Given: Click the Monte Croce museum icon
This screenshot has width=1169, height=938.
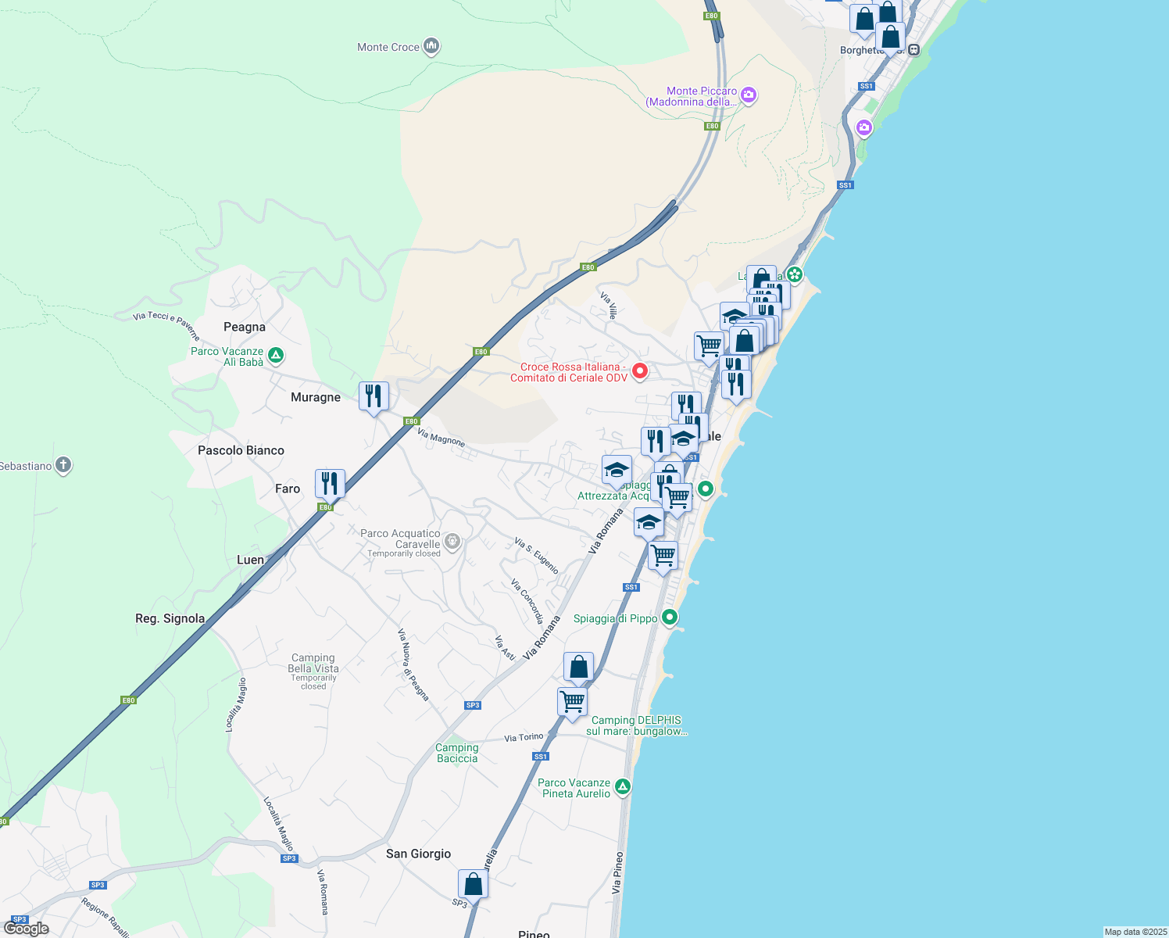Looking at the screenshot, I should pos(431,47).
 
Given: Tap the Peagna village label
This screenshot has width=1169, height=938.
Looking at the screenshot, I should pos(245,327).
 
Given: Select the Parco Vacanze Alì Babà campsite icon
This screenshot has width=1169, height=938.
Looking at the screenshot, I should pos(275,356).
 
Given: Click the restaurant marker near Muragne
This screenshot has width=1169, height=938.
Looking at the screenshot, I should pos(374,396).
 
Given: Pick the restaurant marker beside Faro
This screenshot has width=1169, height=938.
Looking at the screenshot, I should pos(330,484).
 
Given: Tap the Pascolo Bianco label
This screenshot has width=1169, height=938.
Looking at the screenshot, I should pos(241,450).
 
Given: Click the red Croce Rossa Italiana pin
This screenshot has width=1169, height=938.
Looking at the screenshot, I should pos(640,371).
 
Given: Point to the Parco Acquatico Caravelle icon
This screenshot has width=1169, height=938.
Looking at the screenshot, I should pos(452,540).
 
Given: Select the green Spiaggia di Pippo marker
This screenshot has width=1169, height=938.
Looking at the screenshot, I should pos(670,618).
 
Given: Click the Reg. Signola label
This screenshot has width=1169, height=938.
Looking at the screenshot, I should pos(170,618).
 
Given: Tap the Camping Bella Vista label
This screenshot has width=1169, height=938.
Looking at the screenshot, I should pos(313,664).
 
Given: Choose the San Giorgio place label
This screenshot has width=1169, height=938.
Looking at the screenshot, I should pos(418,854).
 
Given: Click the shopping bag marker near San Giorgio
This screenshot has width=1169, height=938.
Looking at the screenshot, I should pos(473,884).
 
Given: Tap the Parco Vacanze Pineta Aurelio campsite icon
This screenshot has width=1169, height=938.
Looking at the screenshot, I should pos(623,786).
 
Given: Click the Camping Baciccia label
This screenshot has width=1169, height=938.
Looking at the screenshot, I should pos(457,753).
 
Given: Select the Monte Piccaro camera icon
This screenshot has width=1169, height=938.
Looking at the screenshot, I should pos(749,95).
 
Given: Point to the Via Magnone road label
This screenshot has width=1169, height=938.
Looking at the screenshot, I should pos(442,438).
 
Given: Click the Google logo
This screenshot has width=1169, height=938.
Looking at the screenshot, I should pos(27,929).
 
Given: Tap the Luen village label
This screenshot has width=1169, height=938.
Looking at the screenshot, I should pos(250,560).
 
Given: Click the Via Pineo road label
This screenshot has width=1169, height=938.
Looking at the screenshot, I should pos(617,872).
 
